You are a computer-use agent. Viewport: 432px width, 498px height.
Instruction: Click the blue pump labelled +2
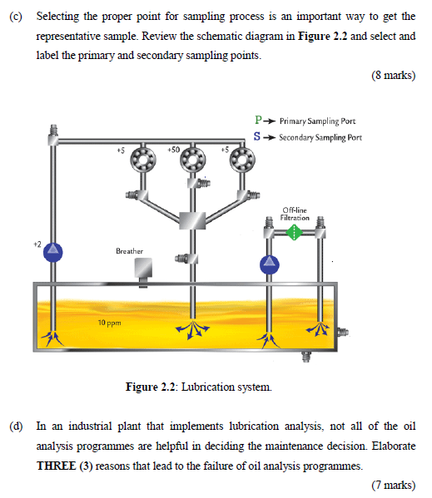pyautogui.click(x=52, y=249)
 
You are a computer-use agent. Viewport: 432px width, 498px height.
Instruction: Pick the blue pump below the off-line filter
pyautogui.click(x=268, y=264)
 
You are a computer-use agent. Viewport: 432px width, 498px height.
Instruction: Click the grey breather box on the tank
pyautogui.click(x=144, y=269)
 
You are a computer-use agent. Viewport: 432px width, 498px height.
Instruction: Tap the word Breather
pyautogui.click(x=129, y=250)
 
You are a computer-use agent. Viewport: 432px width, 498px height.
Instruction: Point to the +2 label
pyautogui.click(x=37, y=244)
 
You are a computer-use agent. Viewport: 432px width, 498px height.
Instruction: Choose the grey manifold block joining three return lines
pyautogui.click(x=192, y=220)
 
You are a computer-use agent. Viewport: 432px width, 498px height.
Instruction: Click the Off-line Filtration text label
pyautogui.click(x=295, y=213)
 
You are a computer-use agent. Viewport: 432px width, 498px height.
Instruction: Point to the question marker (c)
pyautogui.click(x=16, y=17)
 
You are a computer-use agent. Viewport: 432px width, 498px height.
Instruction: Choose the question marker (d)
pyautogui.click(x=16, y=426)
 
